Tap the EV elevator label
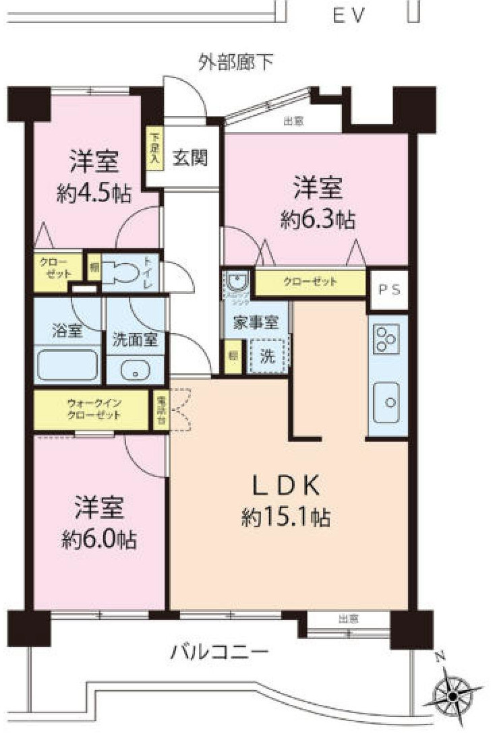[x=349, y=15]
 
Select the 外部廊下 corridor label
[x=235, y=62]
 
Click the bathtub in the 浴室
[x=67, y=365]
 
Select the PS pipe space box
[x=389, y=290]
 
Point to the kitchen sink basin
[x=389, y=402]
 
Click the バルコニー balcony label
[x=220, y=652]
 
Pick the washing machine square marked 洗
[x=268, y=357]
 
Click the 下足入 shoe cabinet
[x=154, y=149]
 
